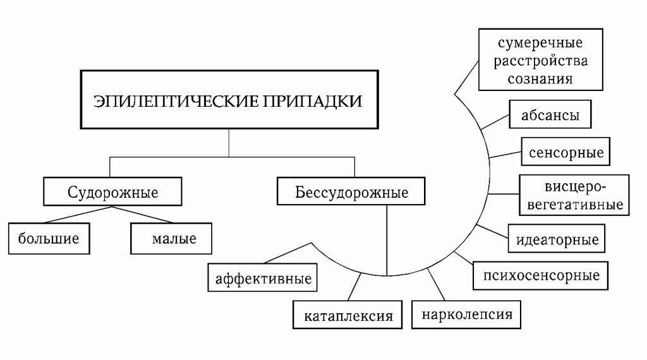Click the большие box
(x=48, y=239)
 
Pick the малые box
(x=170, y=239)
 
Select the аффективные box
(x=263, y=278)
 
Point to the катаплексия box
(x=348, y=315)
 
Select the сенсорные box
(x=565, y=152)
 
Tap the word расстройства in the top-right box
(x=542, y=62)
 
